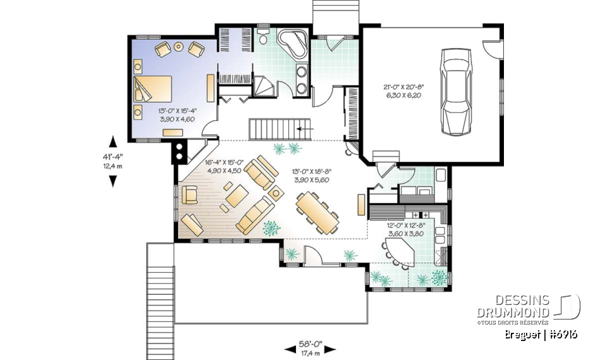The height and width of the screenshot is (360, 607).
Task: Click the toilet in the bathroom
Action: (263, 37)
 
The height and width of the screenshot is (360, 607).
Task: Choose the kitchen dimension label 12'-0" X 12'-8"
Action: (405, 228)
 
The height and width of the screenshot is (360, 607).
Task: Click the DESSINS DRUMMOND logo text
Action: (513, 307)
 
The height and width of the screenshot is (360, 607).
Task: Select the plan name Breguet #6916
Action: (541, 335)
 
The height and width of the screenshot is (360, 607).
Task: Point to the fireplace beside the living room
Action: (180, 151)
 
